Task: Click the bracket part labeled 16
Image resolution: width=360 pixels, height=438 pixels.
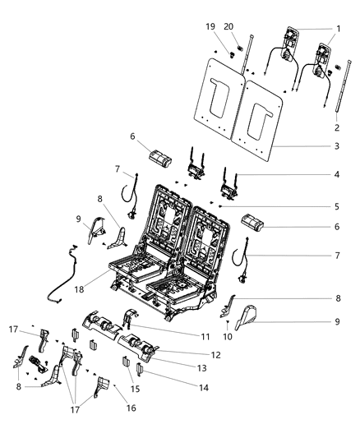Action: pyautogui.click(x=102, y=385)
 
